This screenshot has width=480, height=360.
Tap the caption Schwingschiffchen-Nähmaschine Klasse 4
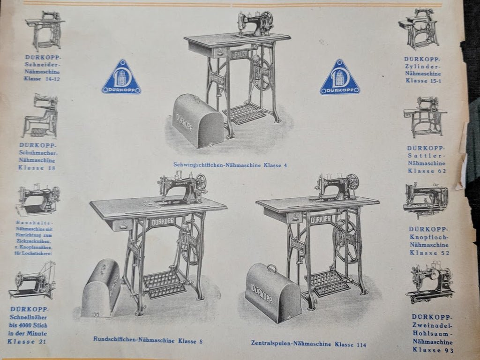coord(230,165)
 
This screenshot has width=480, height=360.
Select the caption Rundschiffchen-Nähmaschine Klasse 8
coord(148,340)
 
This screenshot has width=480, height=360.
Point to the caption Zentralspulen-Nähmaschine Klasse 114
coord(308,344)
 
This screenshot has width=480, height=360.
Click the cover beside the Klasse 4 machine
coord(197,121)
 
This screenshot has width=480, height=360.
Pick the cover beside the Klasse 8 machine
coord(100,288)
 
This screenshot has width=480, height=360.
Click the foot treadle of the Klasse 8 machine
coord(164,284)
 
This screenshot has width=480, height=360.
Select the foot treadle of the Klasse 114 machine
coord(330,283)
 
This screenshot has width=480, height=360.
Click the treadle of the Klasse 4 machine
coord(243,114)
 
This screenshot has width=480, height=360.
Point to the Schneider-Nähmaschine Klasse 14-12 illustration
coord(45,30)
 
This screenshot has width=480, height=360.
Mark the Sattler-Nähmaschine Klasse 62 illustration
coord(425,117)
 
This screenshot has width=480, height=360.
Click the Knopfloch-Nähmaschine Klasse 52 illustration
coord(425,199)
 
